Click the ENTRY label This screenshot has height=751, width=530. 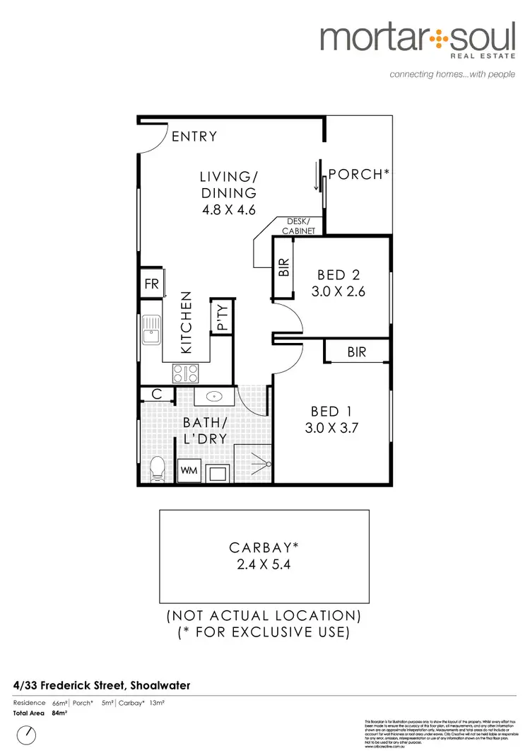point(194,136)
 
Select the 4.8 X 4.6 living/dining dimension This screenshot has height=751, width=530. point(226,209)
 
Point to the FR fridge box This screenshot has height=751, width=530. point(151,285)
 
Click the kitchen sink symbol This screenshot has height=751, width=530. point(151,332)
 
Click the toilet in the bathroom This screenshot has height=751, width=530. point(158,470)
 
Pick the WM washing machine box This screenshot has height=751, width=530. point(189,470)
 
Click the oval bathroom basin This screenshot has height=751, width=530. point(214,397)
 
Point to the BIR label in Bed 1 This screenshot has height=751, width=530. point(357,351)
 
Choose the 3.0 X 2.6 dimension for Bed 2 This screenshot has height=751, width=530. point(341,291)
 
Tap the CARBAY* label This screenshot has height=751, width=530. point(264,547)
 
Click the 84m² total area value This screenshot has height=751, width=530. point(59,714)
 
